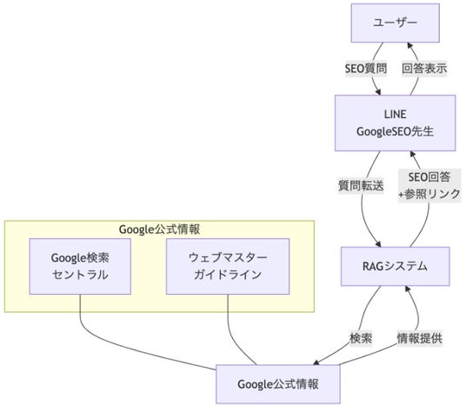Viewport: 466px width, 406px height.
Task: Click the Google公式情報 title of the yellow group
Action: tap(159, 230)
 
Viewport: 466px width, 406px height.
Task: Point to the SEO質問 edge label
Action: tap(365, 69)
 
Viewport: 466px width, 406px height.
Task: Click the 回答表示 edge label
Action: tap(423, 69)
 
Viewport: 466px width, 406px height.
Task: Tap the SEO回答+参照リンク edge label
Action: tap(427, 185)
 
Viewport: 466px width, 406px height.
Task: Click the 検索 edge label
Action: tap(360, 338)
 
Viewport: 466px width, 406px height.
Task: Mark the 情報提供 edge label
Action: tap(418, 338)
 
